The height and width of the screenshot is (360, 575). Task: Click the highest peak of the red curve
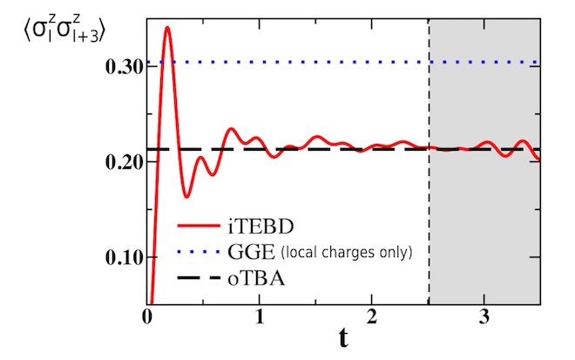(x=167, y=28)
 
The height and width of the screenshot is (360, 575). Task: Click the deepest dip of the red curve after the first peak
(x=186, y=196)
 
